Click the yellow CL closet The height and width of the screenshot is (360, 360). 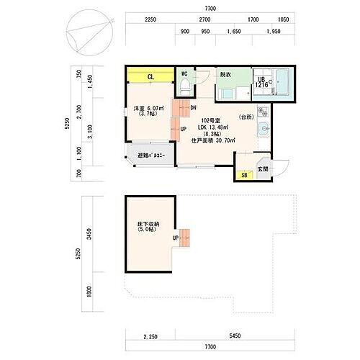pyautogui.click(x=150, y=76)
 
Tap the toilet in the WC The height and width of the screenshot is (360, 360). pyautogui.click(x=184, y=86)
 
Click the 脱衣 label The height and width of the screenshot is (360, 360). pyautogui.click(x=225, y=74)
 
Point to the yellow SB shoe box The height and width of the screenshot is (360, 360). pyautogui.click(x=244, y=175)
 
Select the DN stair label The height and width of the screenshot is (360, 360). pyautogui.click(x=194, y=107)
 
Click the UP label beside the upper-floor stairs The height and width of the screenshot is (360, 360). pyautogui.click(x=183, y=129)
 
